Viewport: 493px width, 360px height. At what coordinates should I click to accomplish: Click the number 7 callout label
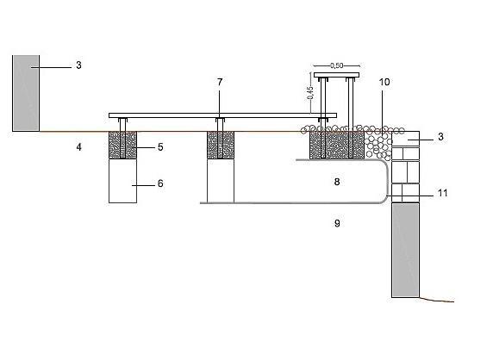click(220, 82)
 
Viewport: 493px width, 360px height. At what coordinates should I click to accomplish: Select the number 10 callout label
click(384, 82)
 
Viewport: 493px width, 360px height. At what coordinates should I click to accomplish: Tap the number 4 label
click(79, 147)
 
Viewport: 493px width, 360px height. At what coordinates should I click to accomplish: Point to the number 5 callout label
click(160, 147)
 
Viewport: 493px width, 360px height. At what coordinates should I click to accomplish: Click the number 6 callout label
click(160, 183)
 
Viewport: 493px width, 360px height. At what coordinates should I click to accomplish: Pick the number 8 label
click(337, 182)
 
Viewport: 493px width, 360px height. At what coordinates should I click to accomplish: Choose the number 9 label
click(337, 223)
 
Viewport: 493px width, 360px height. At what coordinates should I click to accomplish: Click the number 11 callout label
click(443, 193)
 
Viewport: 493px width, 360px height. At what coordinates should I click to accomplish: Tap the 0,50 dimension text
click(337, 65)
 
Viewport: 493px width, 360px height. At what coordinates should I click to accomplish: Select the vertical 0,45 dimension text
click(310, 93)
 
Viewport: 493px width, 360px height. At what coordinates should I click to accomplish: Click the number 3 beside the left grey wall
click(78, 65)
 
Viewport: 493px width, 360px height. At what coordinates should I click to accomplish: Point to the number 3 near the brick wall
click(440, 137)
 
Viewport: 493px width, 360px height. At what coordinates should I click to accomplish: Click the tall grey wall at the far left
click(26, 93)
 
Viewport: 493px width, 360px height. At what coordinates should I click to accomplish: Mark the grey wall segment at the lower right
click(406, 250)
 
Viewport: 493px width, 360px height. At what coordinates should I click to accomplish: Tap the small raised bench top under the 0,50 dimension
click(337, 75)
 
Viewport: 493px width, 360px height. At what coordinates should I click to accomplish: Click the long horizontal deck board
click(222, 115)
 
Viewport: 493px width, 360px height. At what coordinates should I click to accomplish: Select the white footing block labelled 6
click(122, 181)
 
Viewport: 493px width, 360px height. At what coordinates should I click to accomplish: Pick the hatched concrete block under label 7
click(221, 145)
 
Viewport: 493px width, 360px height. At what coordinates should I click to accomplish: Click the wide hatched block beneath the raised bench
click(337, 146)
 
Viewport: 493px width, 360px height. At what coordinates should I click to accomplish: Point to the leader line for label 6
click(143, 186)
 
